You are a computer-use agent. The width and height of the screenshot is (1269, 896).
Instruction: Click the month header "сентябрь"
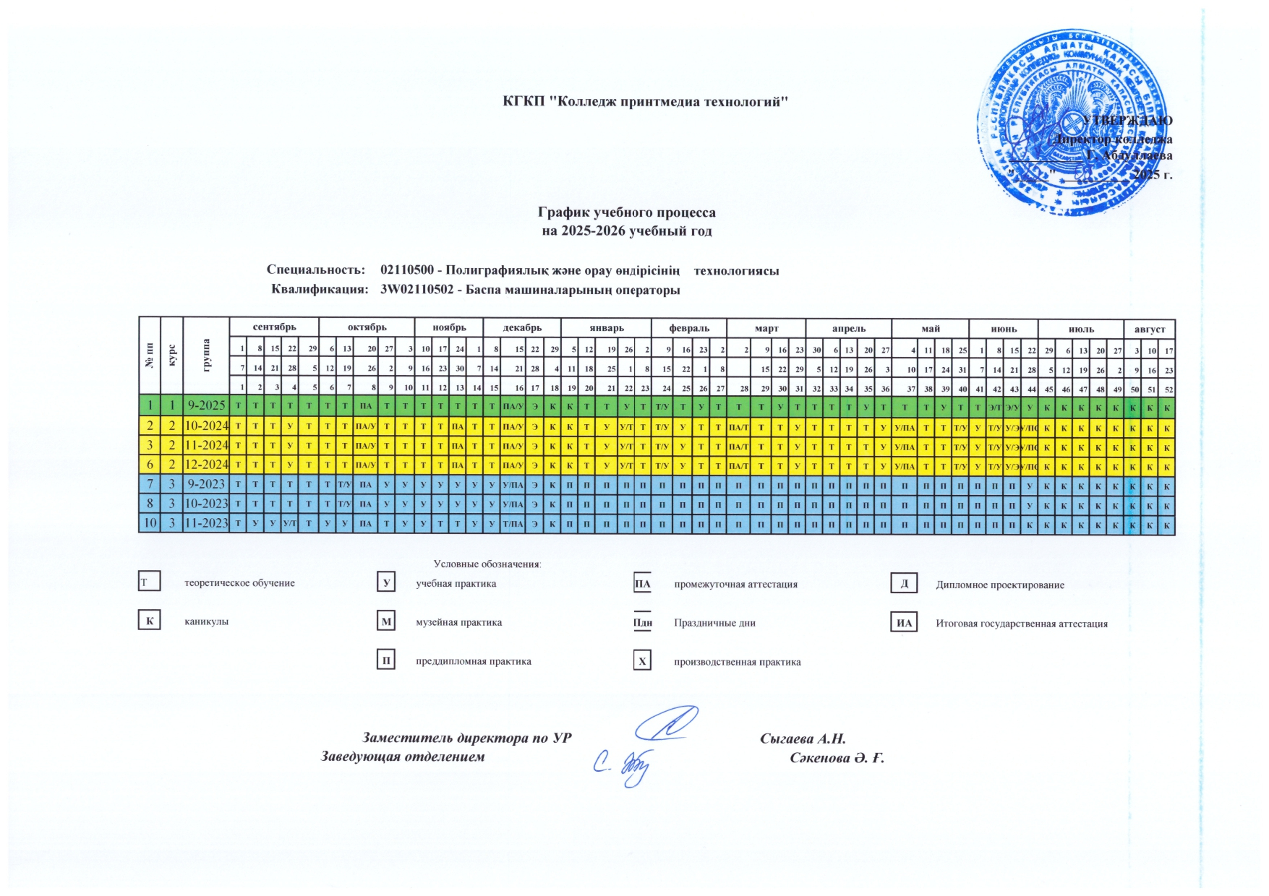tap(274, 327)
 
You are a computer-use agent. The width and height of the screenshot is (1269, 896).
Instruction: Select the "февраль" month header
tap(688, 328)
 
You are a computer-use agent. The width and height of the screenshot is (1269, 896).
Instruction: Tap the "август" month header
tap(1149, 329)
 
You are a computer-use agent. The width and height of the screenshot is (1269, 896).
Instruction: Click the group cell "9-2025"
tap(206, 405)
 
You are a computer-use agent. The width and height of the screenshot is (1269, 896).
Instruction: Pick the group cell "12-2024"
tap(206, 465)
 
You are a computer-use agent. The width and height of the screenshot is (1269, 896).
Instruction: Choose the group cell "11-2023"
tap(206, 523)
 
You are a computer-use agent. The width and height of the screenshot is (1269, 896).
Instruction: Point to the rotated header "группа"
tap(206, 355)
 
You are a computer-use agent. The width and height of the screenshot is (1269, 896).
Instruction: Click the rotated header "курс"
tap(171, 355)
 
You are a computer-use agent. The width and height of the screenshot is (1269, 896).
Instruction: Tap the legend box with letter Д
tap(904, 583)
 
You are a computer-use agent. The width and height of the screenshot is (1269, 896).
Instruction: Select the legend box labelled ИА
tap(904, 623)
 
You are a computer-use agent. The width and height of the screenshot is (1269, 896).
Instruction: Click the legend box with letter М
tap(386, 621)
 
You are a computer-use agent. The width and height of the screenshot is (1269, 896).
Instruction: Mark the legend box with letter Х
tap(641, 660)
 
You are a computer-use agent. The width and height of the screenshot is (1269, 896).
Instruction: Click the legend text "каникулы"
tap(206, 621)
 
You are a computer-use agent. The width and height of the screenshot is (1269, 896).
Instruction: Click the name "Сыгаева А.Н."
tap(803, 738)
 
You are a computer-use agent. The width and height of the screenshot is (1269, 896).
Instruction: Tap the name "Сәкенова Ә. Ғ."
tap(837, 757)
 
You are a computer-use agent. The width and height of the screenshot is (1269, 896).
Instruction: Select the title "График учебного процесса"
tap(626, 212)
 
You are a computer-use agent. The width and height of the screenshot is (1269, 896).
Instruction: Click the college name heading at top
tap(645, 101)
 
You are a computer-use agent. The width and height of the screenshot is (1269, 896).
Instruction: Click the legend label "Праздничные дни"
tap(714, 623)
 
